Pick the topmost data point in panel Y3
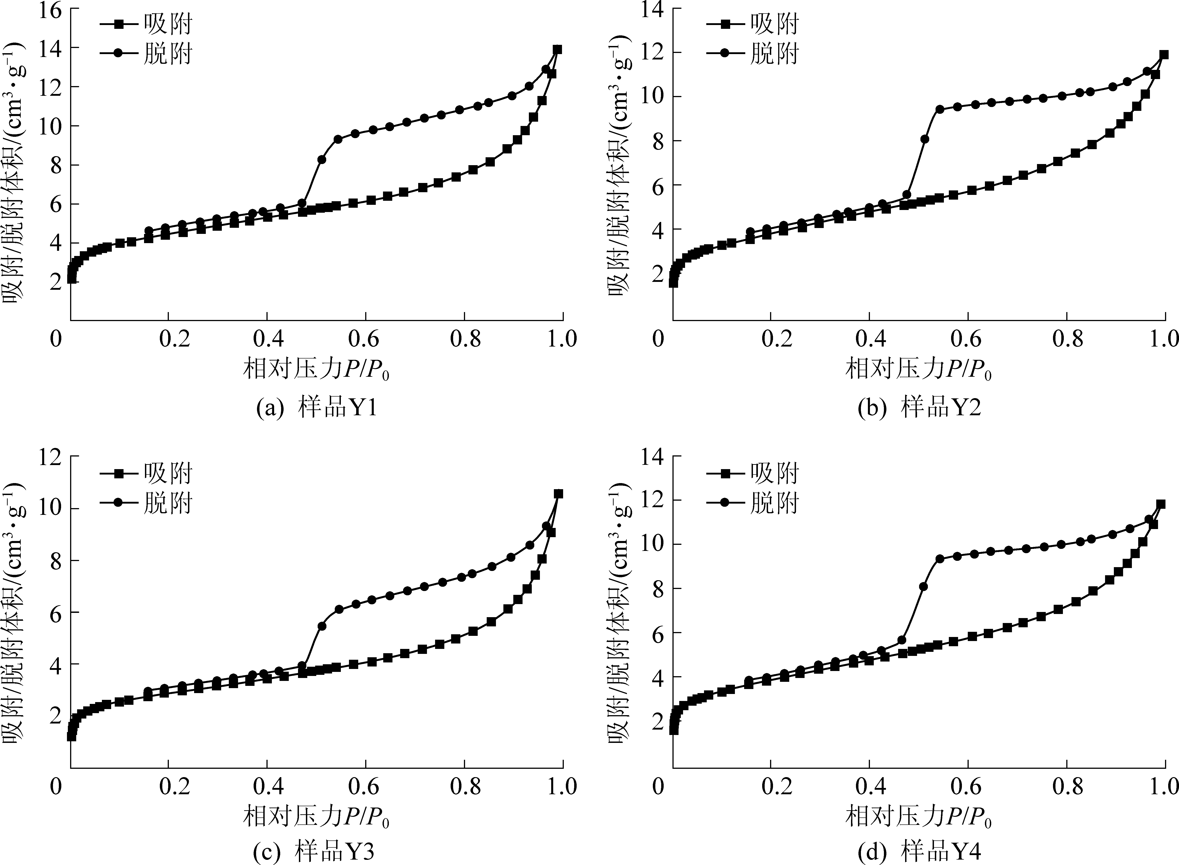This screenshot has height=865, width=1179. [558, 494]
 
